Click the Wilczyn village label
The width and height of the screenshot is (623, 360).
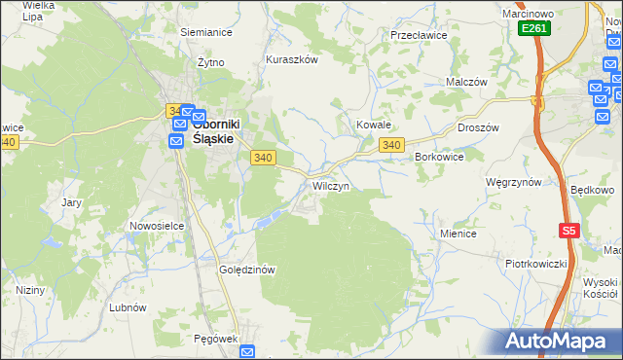point(331,185)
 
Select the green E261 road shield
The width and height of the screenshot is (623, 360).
point(534,29)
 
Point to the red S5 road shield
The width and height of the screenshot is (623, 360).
point(569,231)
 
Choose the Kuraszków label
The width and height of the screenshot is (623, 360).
point(292,59)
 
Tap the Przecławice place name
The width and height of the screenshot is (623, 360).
point(418,34)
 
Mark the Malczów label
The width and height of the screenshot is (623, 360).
point(466,83)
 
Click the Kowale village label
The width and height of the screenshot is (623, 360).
point(373,126)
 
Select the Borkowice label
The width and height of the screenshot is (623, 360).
point(439,156)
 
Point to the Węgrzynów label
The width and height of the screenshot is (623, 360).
point(513,182)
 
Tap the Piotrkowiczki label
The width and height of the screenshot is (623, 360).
point(535,264)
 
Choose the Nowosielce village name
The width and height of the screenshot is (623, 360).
point(157,226)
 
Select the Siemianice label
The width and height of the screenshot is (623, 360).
point(205,31)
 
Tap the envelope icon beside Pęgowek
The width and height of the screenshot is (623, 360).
point(247,352)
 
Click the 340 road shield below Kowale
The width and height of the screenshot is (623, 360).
point(391,145)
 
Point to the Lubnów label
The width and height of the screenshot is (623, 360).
point(128,306)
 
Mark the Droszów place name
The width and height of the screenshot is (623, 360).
point(478,127)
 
